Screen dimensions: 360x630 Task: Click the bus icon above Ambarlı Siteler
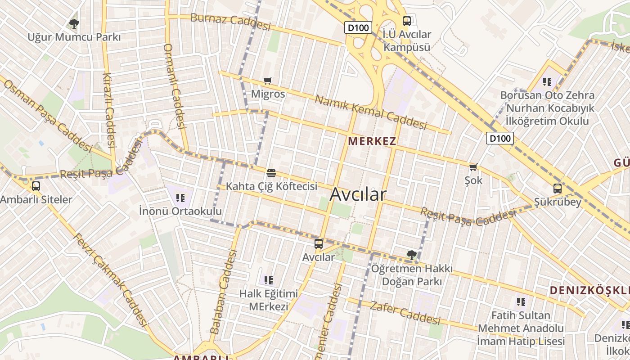(36, 186)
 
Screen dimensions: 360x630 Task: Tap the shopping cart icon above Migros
(268, 81)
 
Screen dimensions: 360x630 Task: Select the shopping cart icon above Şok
(473, 167)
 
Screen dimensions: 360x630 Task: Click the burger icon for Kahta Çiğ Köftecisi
(271, 173)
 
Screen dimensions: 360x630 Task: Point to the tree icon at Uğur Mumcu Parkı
(74, 23)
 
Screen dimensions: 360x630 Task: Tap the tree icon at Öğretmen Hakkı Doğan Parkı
(411, 255)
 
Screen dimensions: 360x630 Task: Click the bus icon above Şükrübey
(557, 189)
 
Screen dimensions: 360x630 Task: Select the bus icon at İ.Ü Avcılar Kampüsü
(406, 21)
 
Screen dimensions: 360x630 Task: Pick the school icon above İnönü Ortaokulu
(180, 198)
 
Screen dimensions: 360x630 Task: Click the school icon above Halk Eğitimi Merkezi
(269, 280)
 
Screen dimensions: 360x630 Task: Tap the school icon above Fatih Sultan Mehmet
(521, 301)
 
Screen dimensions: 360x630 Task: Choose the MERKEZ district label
(372, 141)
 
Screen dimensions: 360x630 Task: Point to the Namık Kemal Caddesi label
(370, 112)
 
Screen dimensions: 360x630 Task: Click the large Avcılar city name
(358, 194)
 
